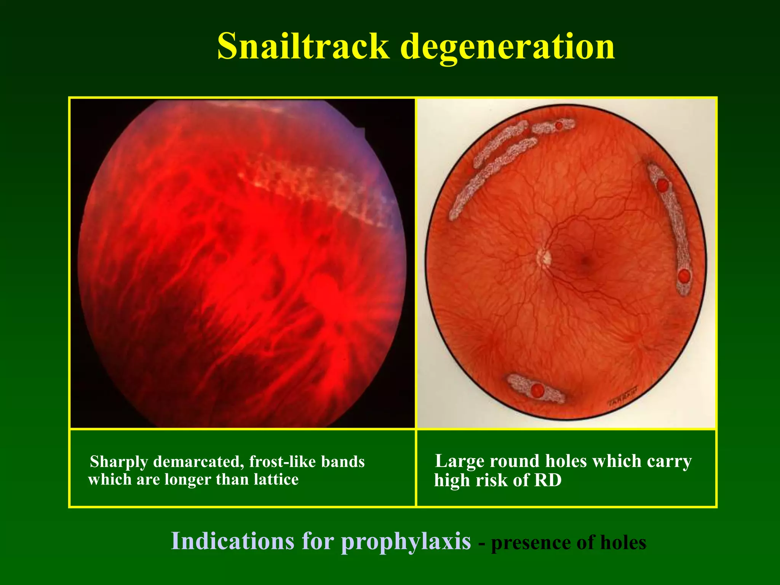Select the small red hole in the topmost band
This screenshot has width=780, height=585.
(x=559, y=125)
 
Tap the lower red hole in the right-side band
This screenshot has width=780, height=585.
(x=684, y=275)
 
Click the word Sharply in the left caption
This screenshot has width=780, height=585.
(x=119, y=462)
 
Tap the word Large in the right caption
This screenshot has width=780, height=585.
(x=459, y=461)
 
